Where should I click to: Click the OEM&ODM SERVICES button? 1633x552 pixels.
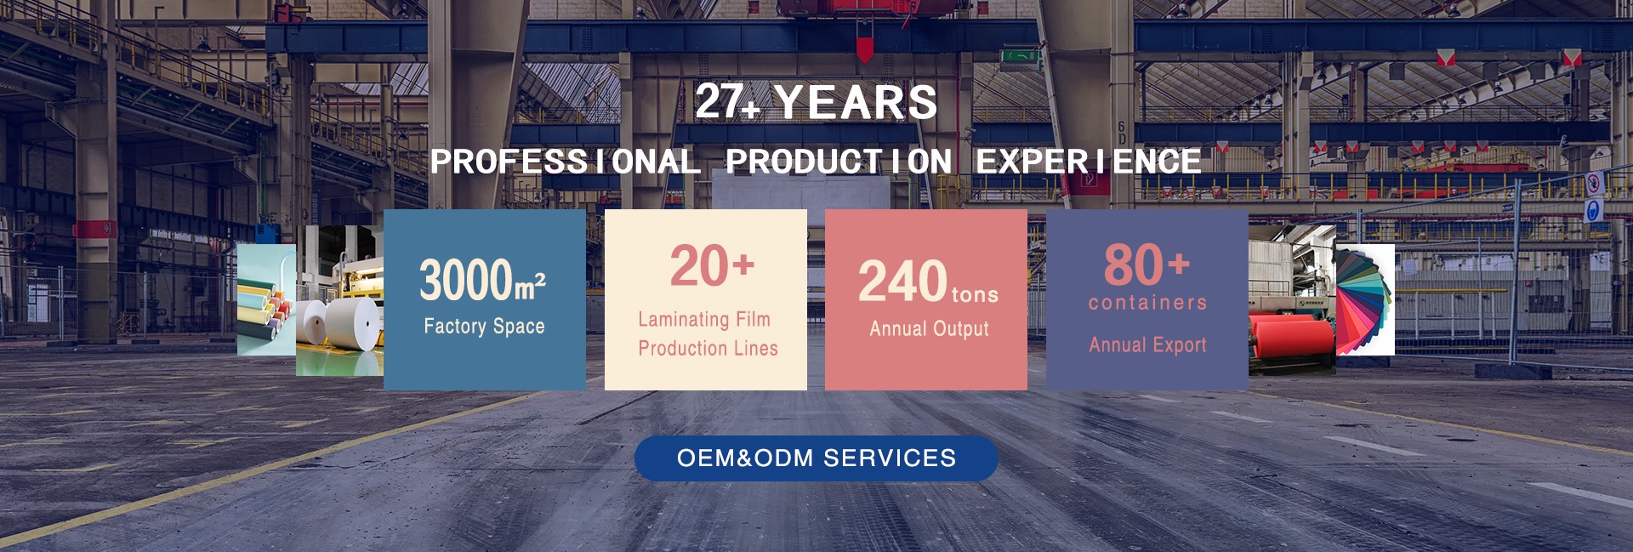pos(816,458)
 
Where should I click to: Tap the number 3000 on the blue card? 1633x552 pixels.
pos(466,280)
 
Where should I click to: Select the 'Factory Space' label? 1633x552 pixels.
pos(484,326)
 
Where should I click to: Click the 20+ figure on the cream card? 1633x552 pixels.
pos(712,266)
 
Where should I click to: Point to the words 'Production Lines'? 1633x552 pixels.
pos(708,348)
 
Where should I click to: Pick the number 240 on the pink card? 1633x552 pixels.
pos(902,282)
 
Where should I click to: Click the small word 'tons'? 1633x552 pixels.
pos(975,294)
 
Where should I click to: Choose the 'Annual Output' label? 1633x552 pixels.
pos(929,329)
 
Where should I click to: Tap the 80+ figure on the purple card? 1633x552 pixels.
pos(1147,265)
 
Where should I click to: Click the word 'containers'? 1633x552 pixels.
pos(1147,303)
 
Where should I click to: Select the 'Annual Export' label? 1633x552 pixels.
pos(1147,344)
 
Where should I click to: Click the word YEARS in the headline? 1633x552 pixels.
pos(856,103)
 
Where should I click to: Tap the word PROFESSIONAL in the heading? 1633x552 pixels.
pos(565,162)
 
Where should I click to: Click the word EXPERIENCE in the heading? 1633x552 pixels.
pos(1089,162)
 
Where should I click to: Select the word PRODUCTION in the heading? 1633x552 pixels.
pos(839,162)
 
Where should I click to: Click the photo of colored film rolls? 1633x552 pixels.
pos(266,299)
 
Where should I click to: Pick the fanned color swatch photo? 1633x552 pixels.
pos(1365,299)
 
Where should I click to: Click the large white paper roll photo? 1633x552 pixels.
pos(339,300)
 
